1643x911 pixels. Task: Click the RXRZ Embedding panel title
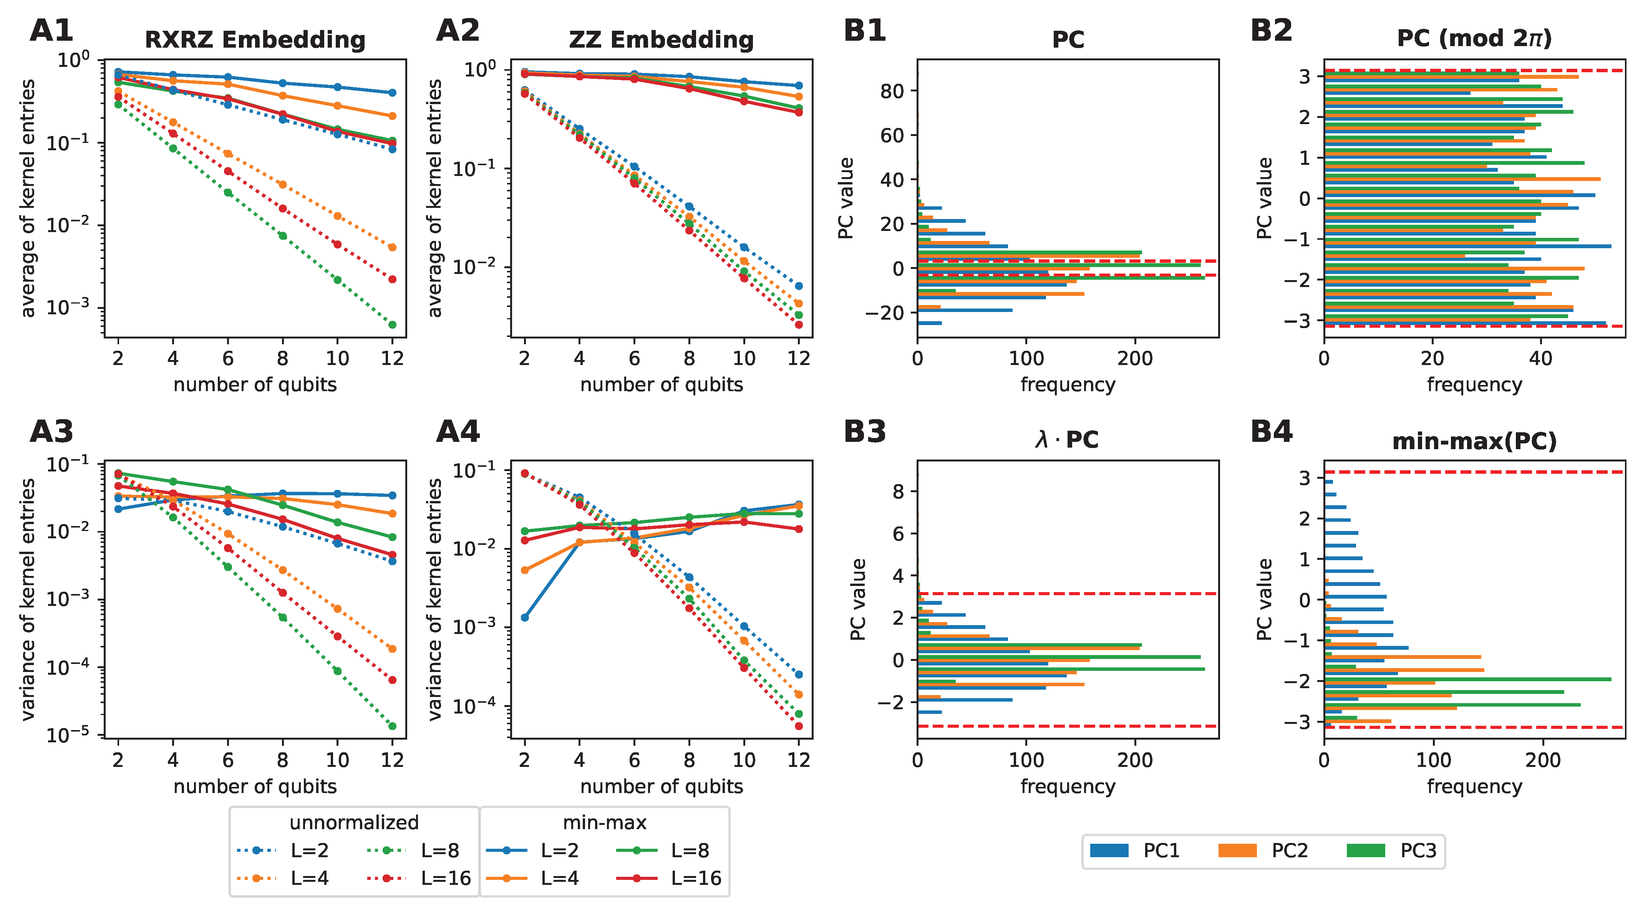pyautogui.click(x=255, y=40)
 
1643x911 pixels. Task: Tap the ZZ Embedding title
pyautogui.click(x=662, y=40)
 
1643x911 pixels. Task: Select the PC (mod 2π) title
pyautogui.click(x=1474, y=38)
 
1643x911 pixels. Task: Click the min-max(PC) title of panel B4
pyautogui.click(x=1474, y=441)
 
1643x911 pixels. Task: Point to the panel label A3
pyautogui.click(x=51, y=432)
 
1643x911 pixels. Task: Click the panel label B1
pyautogui.click(x=864, y=31)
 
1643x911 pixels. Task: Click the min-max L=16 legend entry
pyautogui.click(x=669, y=878)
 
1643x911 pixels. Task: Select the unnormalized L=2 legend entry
pyautogui.click(x=283, y=850)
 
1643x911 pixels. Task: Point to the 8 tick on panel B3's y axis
pyautogui.click(x=898, y=491)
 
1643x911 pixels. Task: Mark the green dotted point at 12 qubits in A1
pyautogui.click(x=392, y=325)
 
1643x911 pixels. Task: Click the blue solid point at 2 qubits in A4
pyautogui.click(x=524, y=617)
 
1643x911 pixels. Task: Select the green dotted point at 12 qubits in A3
pyautogui.click(x=392, y=726)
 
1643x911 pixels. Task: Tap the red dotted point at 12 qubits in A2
pyautogui.click(x=799, y=325)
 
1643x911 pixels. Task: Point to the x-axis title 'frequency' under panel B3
pyautogui.click(x=1068, y=787)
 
